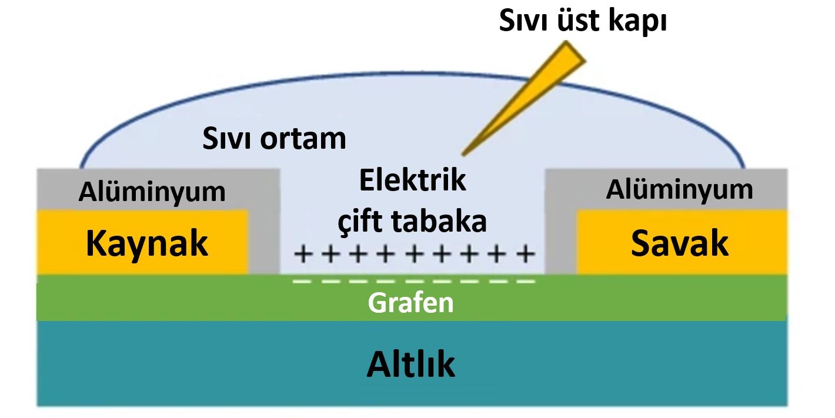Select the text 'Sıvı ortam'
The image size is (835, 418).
point(274,139)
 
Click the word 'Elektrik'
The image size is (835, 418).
point(412,180)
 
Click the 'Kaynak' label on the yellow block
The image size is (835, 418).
point(147,243)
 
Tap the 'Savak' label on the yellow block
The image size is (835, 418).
point(680,243)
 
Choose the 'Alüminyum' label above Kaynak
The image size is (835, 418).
point(152,192)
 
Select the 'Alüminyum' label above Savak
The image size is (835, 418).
point(680,190)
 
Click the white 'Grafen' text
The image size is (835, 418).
point(411,303)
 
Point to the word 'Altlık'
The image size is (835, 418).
point(411,365)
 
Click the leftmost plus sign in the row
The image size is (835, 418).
point(303,255)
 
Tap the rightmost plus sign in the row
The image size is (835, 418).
point(525,255)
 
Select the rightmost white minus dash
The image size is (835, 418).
point(525,282)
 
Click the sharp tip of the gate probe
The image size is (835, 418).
point(463,154)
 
